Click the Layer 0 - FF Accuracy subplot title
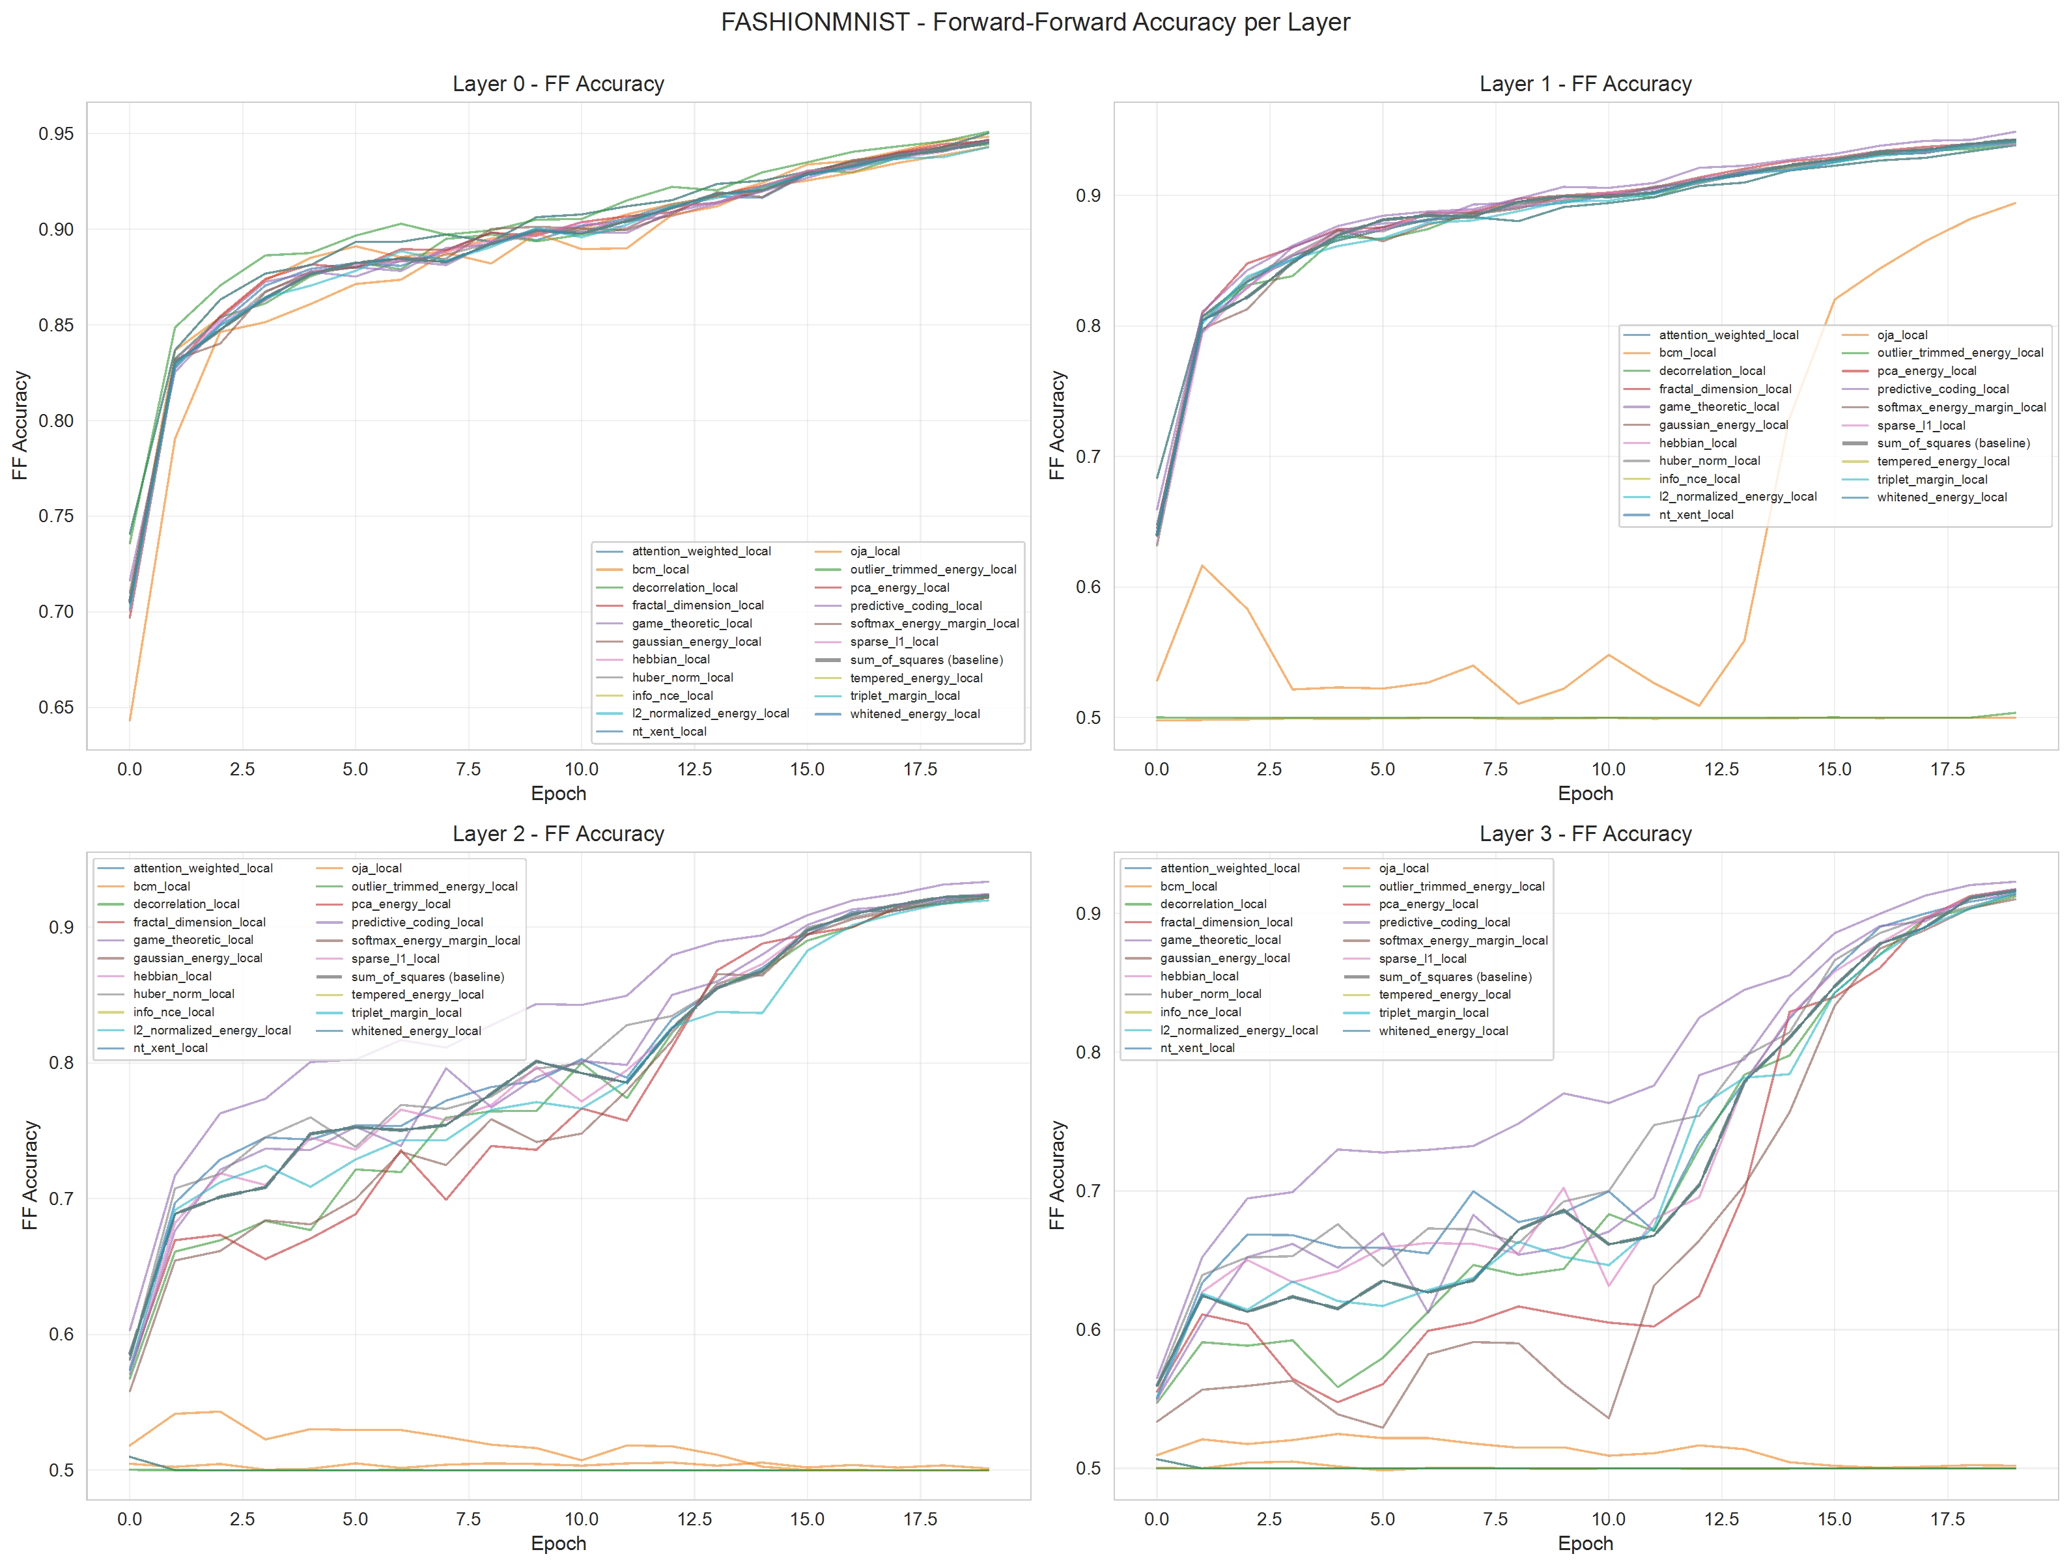[558, 84]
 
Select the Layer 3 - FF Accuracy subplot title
[1585, 834]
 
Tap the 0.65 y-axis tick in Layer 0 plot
[55, 708]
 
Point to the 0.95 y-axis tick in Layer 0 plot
[55, 134]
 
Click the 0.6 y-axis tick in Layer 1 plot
[1088, 587]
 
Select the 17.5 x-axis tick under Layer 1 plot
[1947, 770]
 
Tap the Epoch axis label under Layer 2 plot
[558, 1544]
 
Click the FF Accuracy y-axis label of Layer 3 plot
[1057, 1175]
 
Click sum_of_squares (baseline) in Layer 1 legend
[1953, 443]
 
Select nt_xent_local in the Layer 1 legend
[1696, 515]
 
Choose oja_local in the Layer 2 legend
[376, 868]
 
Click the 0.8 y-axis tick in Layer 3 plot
[1088, 1052]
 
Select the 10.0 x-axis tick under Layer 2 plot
[580, 1519]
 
